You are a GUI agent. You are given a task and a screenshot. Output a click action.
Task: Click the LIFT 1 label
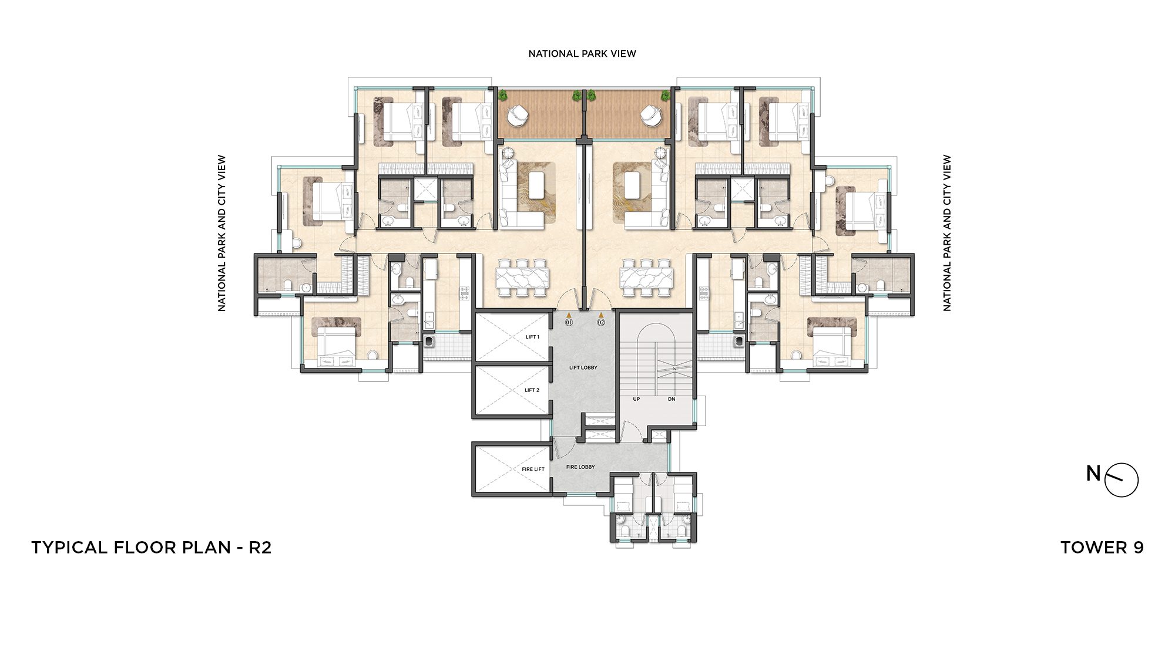(532, 337)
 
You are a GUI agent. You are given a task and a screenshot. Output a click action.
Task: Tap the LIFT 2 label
(532, 390)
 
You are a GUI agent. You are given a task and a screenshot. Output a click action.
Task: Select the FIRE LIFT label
(533, 469)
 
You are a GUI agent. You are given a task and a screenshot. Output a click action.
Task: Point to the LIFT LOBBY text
(583, 367)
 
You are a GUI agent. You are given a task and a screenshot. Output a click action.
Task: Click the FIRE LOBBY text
(580, 467)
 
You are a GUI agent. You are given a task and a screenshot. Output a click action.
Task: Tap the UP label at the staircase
(636, 399)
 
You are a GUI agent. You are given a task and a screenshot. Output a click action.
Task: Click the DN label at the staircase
(672, 399)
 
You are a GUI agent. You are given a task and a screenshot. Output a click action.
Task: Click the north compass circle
(1122, 480)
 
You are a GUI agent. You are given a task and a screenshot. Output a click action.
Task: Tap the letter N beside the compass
(1093, 473)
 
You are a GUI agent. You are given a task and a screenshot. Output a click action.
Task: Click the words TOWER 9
(1102, 548)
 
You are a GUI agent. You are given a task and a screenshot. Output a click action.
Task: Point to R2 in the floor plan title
(260, 548)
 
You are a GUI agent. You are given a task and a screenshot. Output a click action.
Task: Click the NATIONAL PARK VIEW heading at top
(582, 53)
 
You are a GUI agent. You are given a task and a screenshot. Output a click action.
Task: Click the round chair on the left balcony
(518, 115)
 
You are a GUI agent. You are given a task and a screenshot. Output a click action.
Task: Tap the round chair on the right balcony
(650, 115)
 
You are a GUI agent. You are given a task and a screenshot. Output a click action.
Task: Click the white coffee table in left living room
(536, 185)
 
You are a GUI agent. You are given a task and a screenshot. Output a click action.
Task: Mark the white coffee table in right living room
(632, 185)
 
